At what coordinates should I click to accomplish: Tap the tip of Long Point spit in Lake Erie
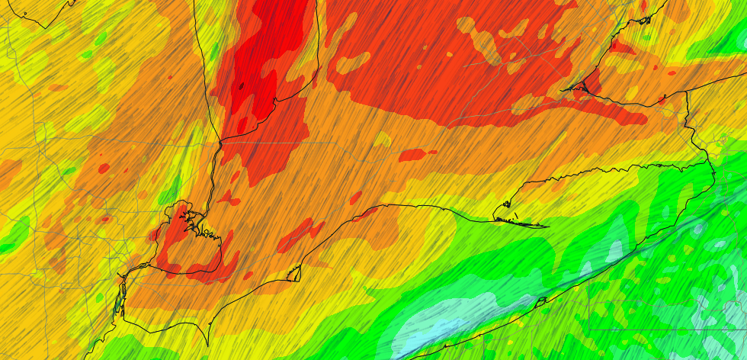click(x=546, y=226)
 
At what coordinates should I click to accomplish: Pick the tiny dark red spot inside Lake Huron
click(x=240, y=86)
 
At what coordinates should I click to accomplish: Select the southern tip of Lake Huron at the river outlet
click(x=220, y=140)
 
